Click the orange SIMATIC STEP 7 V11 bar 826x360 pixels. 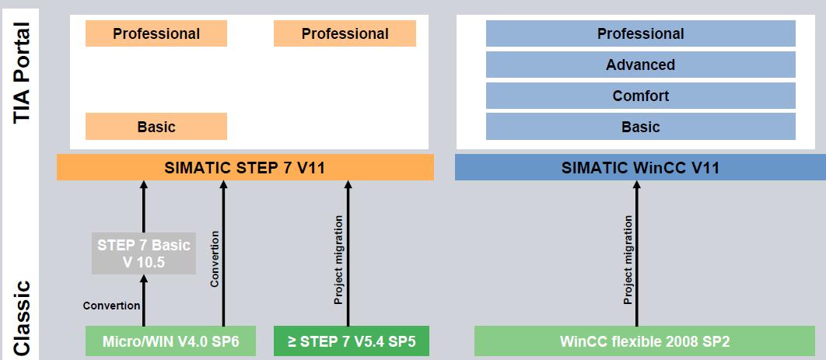[x=245, y=167]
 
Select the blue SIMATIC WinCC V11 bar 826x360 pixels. [x=640, y=167]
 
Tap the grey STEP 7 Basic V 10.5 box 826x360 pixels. [x=144, y=253]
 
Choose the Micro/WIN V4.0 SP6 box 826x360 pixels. [x=170, y=341]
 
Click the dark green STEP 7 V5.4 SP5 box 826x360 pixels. [x=352, y=341]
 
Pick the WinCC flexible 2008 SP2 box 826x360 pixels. [x=644, y=341]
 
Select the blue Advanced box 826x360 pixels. [x=641, y=65]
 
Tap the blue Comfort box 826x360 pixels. [x=641, y=96]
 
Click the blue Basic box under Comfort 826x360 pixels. [x=641, y=127]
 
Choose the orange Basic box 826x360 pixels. [x=156, y=126]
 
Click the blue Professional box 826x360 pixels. [x=641, y=33]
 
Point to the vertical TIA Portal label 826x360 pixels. [x=22, y=72]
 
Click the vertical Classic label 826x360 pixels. [x=22, y=319]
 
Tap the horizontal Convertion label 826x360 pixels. [x=112, y=306]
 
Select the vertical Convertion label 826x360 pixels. [x=215, y=258]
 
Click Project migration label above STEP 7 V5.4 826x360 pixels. [x=339, y=260]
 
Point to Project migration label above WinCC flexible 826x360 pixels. [x=628, y=260]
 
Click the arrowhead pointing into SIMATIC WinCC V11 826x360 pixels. [x=636, y=185]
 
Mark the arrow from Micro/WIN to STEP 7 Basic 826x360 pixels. [x=144, y=301]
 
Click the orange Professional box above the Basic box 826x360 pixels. [x=156, y=33]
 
